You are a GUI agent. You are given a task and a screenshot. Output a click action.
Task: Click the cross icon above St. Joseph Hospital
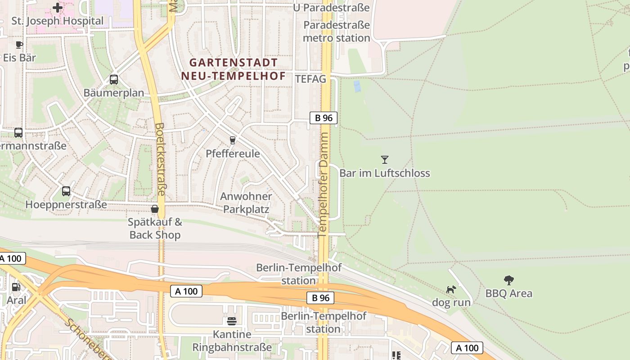(58, 8)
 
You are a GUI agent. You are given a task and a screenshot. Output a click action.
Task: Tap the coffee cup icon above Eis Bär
(19, 45)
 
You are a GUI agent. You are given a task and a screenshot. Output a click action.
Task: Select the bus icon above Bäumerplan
(114, 80)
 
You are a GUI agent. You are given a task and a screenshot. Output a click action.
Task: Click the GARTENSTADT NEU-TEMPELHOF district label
(234, 69)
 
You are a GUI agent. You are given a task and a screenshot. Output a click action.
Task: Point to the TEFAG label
(310, 79)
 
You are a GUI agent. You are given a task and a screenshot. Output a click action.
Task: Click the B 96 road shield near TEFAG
(324, 118)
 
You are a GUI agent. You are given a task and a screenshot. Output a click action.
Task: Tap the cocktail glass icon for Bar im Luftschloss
(384, 159)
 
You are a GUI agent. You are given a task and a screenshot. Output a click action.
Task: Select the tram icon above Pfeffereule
(232, 140)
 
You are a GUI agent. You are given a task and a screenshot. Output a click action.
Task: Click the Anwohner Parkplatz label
(246, 202)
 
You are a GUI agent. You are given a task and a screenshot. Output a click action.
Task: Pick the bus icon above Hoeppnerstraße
(66, 191)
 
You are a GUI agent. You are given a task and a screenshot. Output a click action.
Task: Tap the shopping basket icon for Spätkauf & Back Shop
(155, 209)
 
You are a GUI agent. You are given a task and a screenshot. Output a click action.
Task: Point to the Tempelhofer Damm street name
(323, 184)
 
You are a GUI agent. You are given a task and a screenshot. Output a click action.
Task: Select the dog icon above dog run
(451, 289)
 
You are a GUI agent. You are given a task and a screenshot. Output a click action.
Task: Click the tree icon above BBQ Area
(508, 280)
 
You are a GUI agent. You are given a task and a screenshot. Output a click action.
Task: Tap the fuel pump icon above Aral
(16, 287)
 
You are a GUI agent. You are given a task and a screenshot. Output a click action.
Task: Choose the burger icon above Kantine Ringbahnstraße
(232, 321)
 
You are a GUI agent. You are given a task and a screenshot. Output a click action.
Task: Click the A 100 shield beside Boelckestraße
(186, 291)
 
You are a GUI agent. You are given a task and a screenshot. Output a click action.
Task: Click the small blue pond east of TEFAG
(357, 86)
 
